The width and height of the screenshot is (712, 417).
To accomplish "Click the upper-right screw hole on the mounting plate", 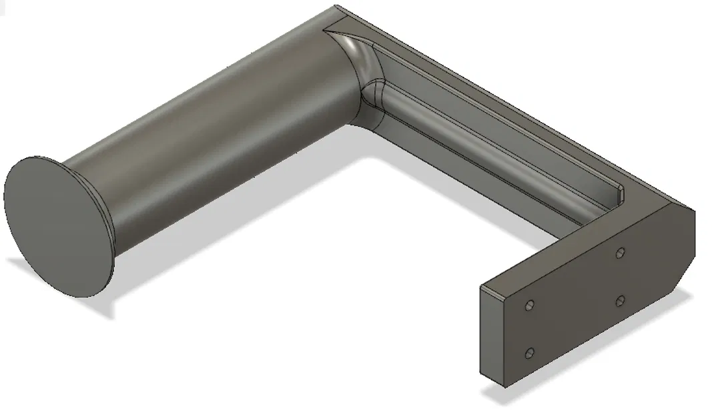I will [x=620, y=253].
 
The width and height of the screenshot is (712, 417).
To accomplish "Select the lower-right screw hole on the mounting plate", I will [x=620, y=301].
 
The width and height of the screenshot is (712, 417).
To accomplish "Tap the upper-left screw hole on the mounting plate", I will [x=529, y=305].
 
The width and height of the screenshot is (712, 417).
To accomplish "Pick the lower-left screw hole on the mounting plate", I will [x=530, y=353].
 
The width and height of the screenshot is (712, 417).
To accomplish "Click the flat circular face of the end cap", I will [x=58, y=227].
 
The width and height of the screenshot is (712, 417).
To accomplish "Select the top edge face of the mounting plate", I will [x=574, y=254].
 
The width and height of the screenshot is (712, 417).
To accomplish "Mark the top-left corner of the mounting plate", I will [x=482, y=287].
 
